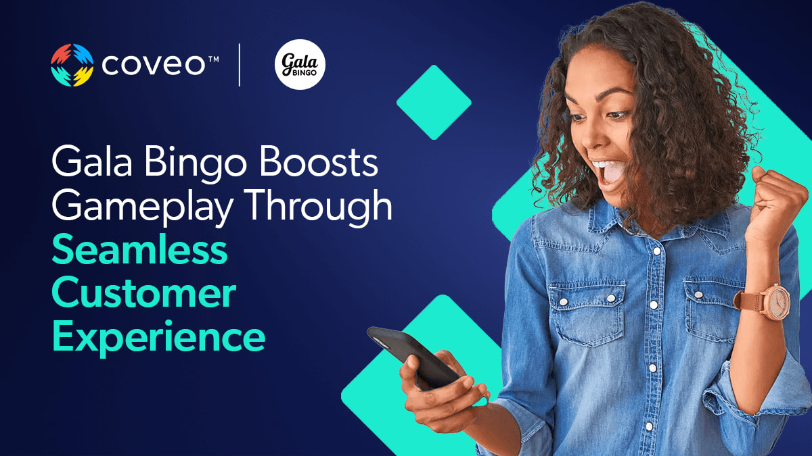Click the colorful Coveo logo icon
tap(72, 65)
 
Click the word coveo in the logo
tap(154, 65)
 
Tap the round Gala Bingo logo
tap(300, 64)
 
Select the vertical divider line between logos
tap(240, 65)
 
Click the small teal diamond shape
tap(434, 103)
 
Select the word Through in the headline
tap(318, 205)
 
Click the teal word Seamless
tap(140, 249)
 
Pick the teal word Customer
tap(144, 293)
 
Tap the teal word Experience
tap(159, 337)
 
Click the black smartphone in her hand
tap(413, 357)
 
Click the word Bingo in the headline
tap(196, 165)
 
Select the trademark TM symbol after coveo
tap(214, 58)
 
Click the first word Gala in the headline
tap(92, 161)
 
